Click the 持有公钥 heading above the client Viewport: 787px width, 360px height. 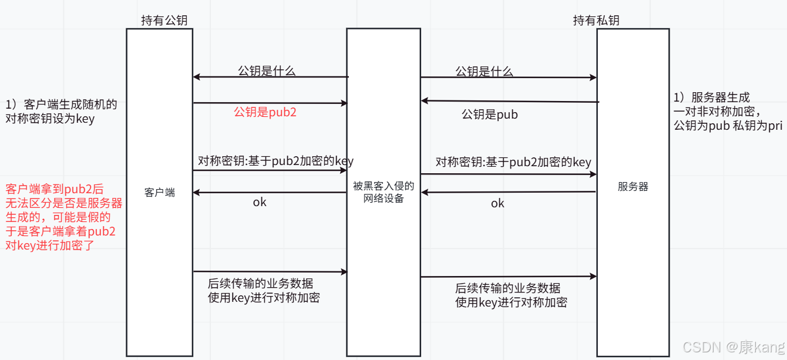point(164,21)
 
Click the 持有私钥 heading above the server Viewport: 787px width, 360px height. point(596,21)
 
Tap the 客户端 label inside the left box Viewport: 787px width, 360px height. point(159,193)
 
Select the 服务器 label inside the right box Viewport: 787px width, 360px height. point(633,187)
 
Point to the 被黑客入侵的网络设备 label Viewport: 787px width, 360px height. point(384,192)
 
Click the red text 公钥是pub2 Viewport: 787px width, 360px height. point(265,112)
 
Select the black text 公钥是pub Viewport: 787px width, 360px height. point(490,115)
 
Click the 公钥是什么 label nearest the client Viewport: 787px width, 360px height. point(267,71)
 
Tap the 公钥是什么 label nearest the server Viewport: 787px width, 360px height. point(485,72)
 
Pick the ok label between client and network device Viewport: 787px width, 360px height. point(260,202)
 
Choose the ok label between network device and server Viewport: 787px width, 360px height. point(497,203)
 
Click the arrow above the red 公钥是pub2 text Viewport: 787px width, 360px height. point(270,103)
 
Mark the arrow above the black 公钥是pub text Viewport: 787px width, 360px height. point(510,102)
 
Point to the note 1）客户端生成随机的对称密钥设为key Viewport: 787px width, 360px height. point(61,112)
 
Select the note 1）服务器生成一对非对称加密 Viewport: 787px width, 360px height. point(728,112)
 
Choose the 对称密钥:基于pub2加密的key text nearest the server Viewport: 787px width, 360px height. point(513,162)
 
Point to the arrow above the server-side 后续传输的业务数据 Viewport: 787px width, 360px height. point(509,277)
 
